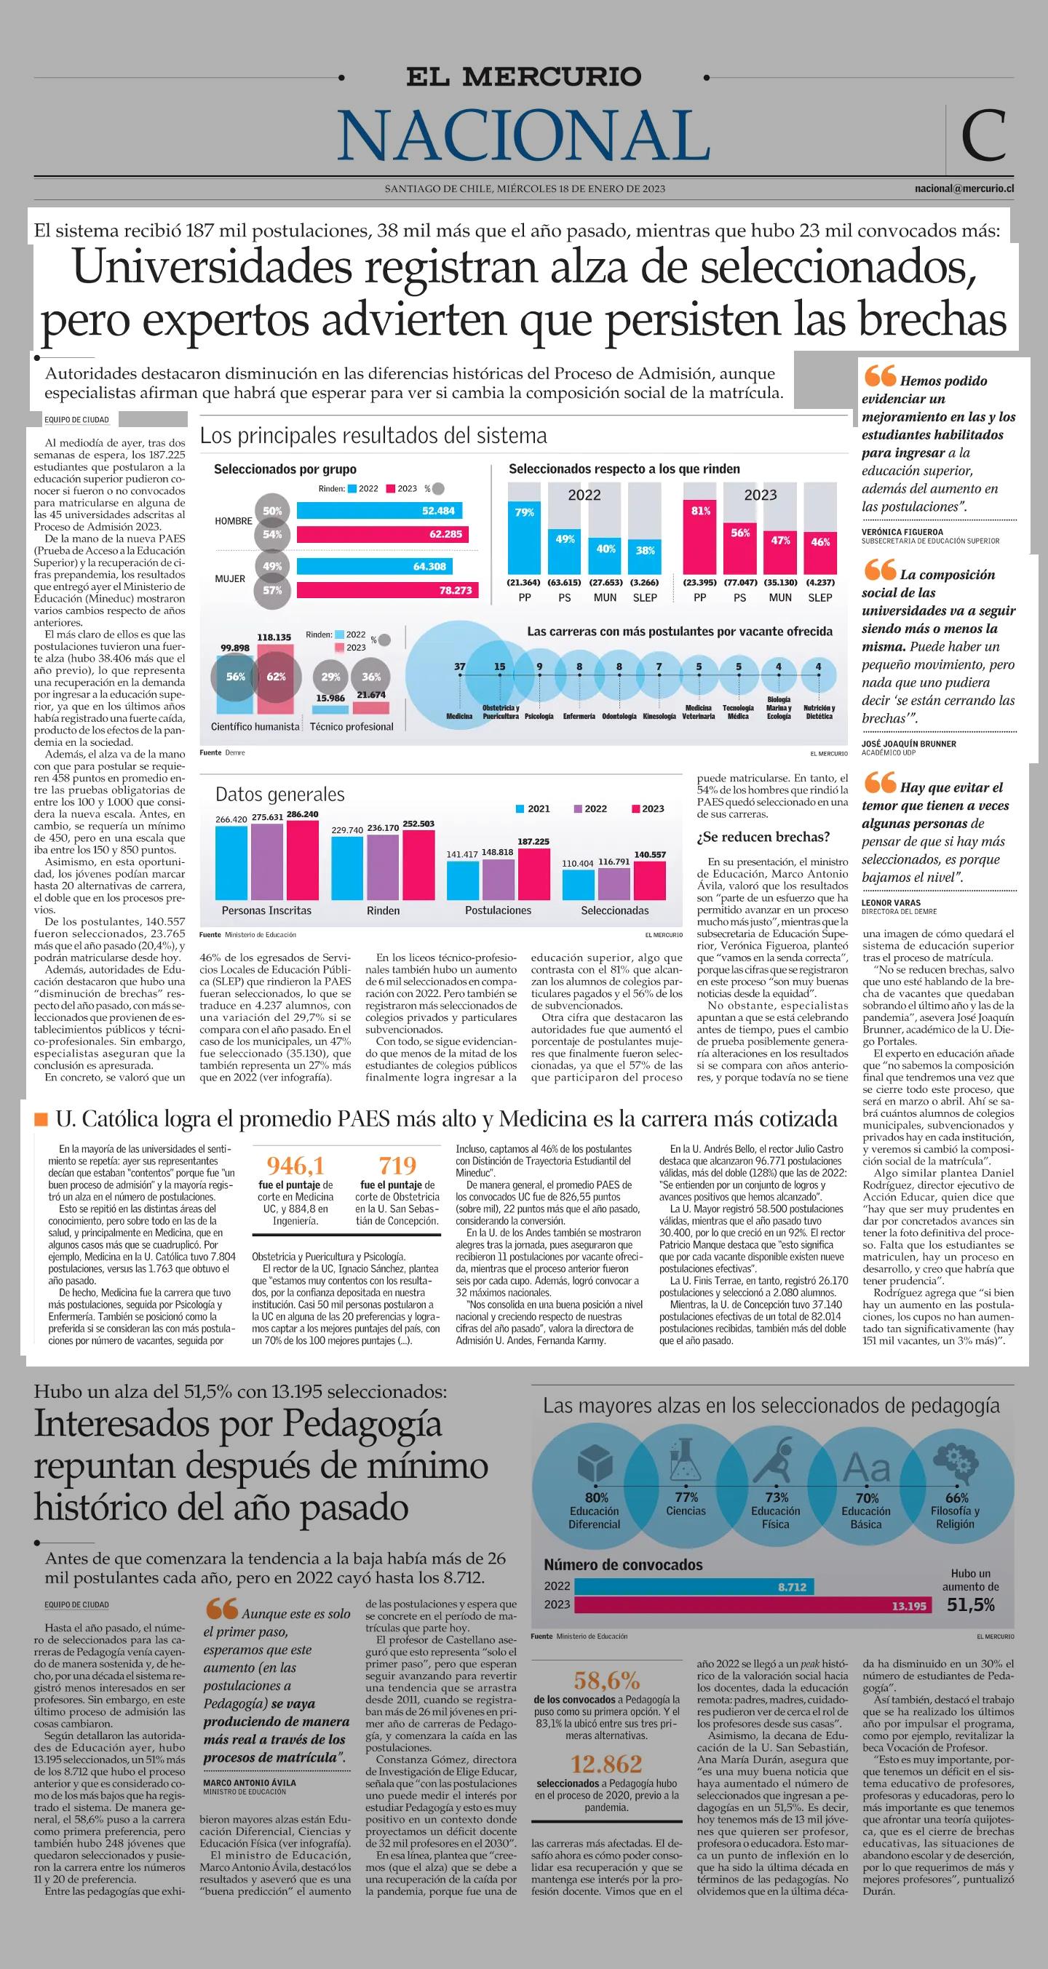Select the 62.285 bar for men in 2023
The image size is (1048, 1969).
pos(382,534)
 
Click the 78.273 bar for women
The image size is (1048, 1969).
pos(386,590)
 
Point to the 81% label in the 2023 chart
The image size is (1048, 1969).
pos(700,511)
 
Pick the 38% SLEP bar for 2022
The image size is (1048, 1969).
pos(645,550)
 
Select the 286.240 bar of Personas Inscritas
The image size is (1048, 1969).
pos(302,860)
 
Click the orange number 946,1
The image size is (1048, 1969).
pos(295,1166)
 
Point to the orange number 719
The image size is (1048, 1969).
pos(397,1166)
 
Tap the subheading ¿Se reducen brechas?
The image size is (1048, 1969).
pos(763,837)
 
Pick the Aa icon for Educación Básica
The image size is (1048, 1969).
pos(867,1467)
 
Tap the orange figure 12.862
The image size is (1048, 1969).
pos(606,1763)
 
